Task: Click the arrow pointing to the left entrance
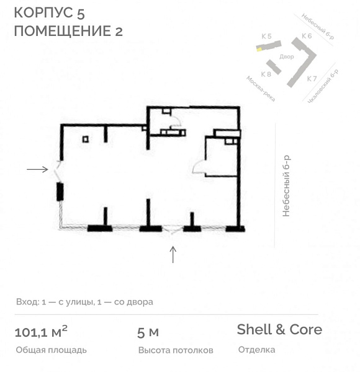pyautogui.click(x=37, y=169)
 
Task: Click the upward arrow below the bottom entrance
pyautogui.click(x=173, y=254)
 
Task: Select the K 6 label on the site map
pyautogui.click(x=307, y=37)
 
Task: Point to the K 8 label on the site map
pyautogui.click(x=266, y=74)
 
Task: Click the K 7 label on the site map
pyautogui.click(x=312, y=79)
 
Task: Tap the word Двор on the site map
pyautogui.click(x=287, y=56)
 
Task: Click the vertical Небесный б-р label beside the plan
pyautogui.click(x=286, y=186)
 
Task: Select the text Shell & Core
pyautogui.click(x=279, y=330)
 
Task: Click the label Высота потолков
pyautogui.click(x=176, y=350)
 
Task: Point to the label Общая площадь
pyautogui.click(x=50, y=350)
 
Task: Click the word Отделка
pyautogui.click(x=256, y=350)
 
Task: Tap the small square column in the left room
pyautogui.click(x=85, y=139)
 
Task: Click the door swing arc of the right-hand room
pyautogui.click(x=200, y=166)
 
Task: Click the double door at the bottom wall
pyautogui.click(x=173, y=229)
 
